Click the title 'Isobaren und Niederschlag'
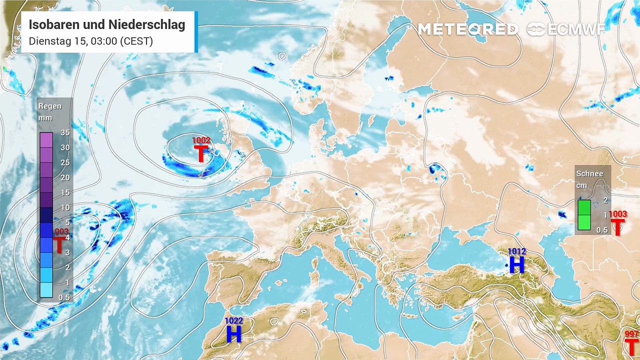click(x=107, y=24)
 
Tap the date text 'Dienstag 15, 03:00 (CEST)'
click(x=90, y=41)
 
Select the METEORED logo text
click(x=467, y=29)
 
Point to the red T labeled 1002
click(x=201, y=153)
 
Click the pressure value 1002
click(x=201, y=141)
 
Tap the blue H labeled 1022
click(x=233, y=333)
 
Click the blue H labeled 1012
click(x=516, y=264)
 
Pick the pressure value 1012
click(x=516, y=251)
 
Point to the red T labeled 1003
click(x=618, y=227)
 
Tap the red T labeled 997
click(x=632, y=346)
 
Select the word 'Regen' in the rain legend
click(x=50, y=106)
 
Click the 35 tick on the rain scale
click(x=64, y=132)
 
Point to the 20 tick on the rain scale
click(x=64, y=177)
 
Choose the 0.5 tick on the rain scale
click(x=64, y=297)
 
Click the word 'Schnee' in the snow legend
click(x=589, y=174)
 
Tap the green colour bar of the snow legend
click(x=584, y=215)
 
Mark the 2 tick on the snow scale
click(x=605, y=200)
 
